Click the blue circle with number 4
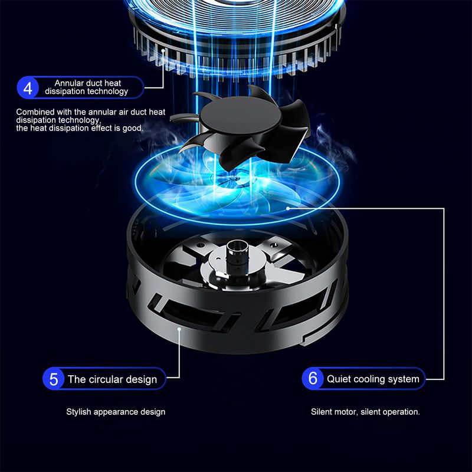(28, 87)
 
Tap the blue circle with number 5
(53, 379)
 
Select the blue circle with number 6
(313, 378)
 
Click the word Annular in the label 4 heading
(69, 83)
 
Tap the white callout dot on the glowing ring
(288, 208)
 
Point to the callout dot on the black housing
(179, 329)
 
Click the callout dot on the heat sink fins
(163, 50)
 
